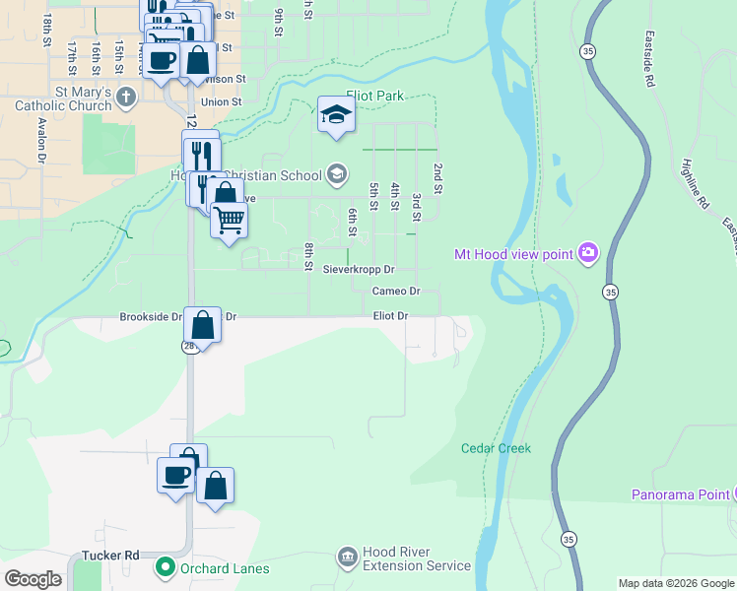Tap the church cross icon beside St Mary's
pyautogui.click(x=125, y=97)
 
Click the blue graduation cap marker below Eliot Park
pyautogui.click(x=336, y=114)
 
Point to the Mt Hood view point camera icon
pyautogui.click(x=588, y=254)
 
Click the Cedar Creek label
pyautogui.click(x=496, y=448)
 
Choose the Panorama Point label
pyautogui.click(x=680, y=494)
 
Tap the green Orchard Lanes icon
pyautogui.click(x=166, y=567)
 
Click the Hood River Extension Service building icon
pyautogui.click(x=347, y=558)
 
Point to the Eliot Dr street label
pyautogui.click(x=390, y=316)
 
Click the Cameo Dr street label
pyautogui.click(x=396, y=292)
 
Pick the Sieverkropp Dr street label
pyautogui.click(x=359, y=269)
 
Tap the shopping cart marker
pyautogui.click(x=229, y=220)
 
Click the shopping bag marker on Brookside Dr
pyautogui.click(x=202, y=323)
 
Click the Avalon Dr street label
pyautogui.click(x=42, y=141)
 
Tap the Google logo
pyautogui.click(x=33, y=578)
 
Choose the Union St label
pyautogui.click(x=221, y=102)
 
